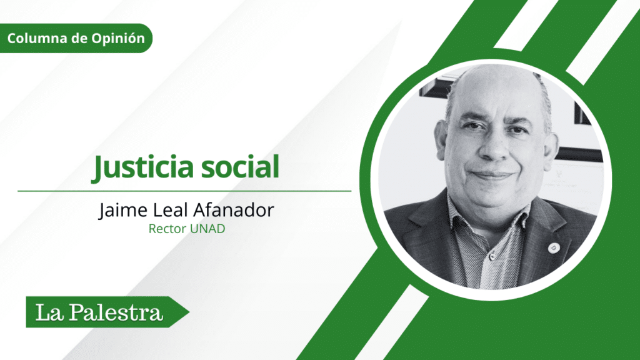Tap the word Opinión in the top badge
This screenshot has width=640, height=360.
[x=118, y=38]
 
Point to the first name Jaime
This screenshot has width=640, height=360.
[x=123, y=210]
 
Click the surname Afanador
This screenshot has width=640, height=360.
[x=233, y=210]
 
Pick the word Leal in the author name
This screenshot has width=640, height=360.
[x=170, y=210]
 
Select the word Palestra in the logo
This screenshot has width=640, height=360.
[x=116, y=312]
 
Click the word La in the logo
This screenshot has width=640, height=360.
[x=49, y=312]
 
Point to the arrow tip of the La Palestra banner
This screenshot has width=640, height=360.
[x=189, y=312]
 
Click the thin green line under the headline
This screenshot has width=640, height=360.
[x=184, y=191]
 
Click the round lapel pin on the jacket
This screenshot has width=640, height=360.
[x=552, y=247]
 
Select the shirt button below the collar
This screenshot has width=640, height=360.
[x=492, y=256]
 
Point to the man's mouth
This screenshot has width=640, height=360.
[x=491, y=176]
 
